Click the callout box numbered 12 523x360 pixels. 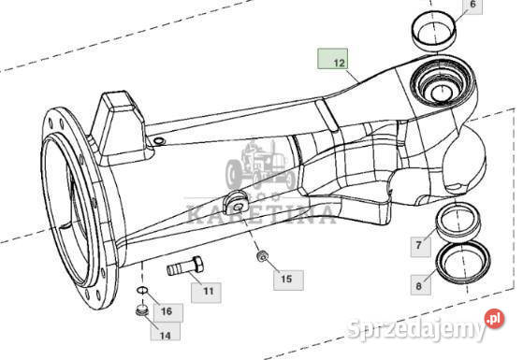pos(333,62)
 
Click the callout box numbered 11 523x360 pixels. pos(208,292)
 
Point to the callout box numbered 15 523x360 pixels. pos(286,279)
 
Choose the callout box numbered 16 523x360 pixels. pos(167,310)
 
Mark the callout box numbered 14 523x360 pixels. pos(165,334)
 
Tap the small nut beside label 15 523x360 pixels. pos(263,257)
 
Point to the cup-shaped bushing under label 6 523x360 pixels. pos(434,31)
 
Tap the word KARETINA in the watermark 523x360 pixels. pos(261,213)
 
